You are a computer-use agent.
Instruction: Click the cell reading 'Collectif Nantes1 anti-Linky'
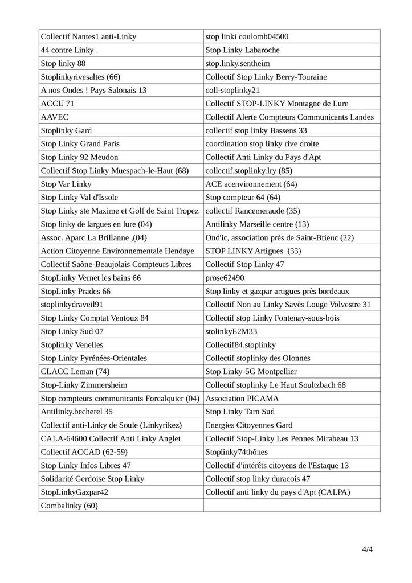tap(88, 37)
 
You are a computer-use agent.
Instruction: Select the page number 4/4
tap(367, 549)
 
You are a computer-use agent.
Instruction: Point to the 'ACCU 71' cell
tap(58, 104)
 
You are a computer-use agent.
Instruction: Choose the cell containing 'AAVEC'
tap(54, 117)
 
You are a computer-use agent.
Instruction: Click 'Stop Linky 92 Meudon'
tap(80, 157)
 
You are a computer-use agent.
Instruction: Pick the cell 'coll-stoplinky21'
tap(232, 90)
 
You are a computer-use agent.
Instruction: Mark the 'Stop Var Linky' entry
tap(66, 184)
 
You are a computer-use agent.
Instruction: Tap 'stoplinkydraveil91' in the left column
tap(72, 305)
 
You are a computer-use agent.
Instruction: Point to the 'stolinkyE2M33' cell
tap(231, 331)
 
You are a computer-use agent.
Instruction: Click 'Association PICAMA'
tap(242, 399)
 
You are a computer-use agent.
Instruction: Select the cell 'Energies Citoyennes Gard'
tap(249, 425)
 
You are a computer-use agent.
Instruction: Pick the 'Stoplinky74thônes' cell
tap(236, 451)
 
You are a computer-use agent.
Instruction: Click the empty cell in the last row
tap(291, 505)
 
